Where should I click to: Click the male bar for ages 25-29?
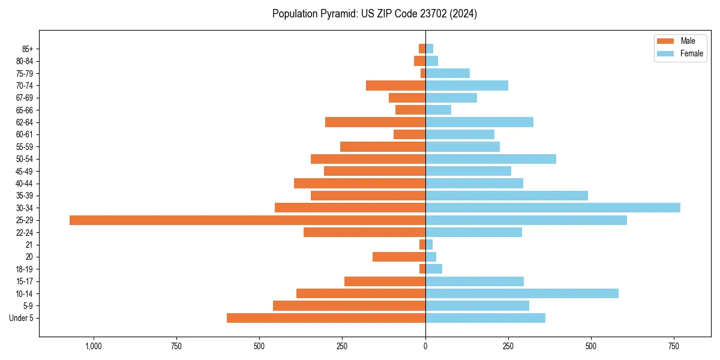pyautogui.click(x=247, y=220)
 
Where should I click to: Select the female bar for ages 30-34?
pyautogui.click(x=553, y=208)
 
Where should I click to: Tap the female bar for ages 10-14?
pyautogui.click(x=522, y=293)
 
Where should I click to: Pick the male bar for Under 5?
pyautogui.click(x=326, y=318)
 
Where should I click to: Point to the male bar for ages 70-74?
pyautogui.click(x=395, y=86)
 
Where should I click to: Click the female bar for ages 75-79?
pyautogui.click(x=448, y=73)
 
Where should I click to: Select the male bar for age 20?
pyautogui.click(x=399, y=257)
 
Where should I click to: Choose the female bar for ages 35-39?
pyautogui.click(x=506, y=196)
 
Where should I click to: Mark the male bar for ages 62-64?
pyautogui.click(x=375, y=122)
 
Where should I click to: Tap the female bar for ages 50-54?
pyautogui.click(x=491, y=159)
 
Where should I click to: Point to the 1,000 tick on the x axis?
pyautogui.click(x=94, y=346)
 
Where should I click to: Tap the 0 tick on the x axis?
pyautogui.click(x=425, y=346)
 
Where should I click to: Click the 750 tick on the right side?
pyautogui.click(x=674, y=346)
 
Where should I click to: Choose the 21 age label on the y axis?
pyautogui.click(x=29, y=245)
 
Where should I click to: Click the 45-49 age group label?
pyautogui.click(x=25, y=171)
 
